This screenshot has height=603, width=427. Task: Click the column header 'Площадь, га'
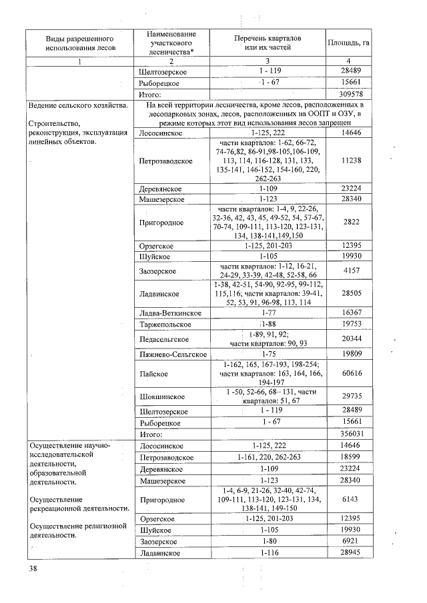tap(350, 44)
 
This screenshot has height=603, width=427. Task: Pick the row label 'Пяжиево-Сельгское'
tap(172, 354)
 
